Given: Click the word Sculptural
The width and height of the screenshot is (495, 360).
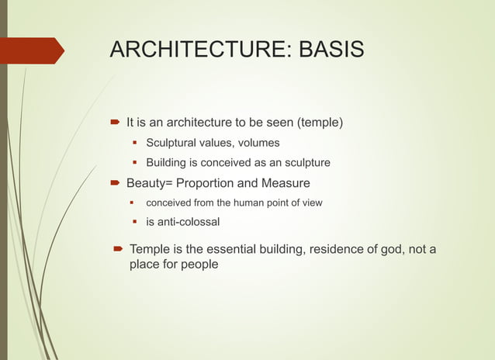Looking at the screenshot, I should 171,143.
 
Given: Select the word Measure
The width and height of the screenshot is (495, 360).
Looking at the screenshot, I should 285,183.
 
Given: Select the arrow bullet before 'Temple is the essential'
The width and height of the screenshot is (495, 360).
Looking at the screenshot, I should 117,249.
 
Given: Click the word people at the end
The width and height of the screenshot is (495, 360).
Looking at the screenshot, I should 199,265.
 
